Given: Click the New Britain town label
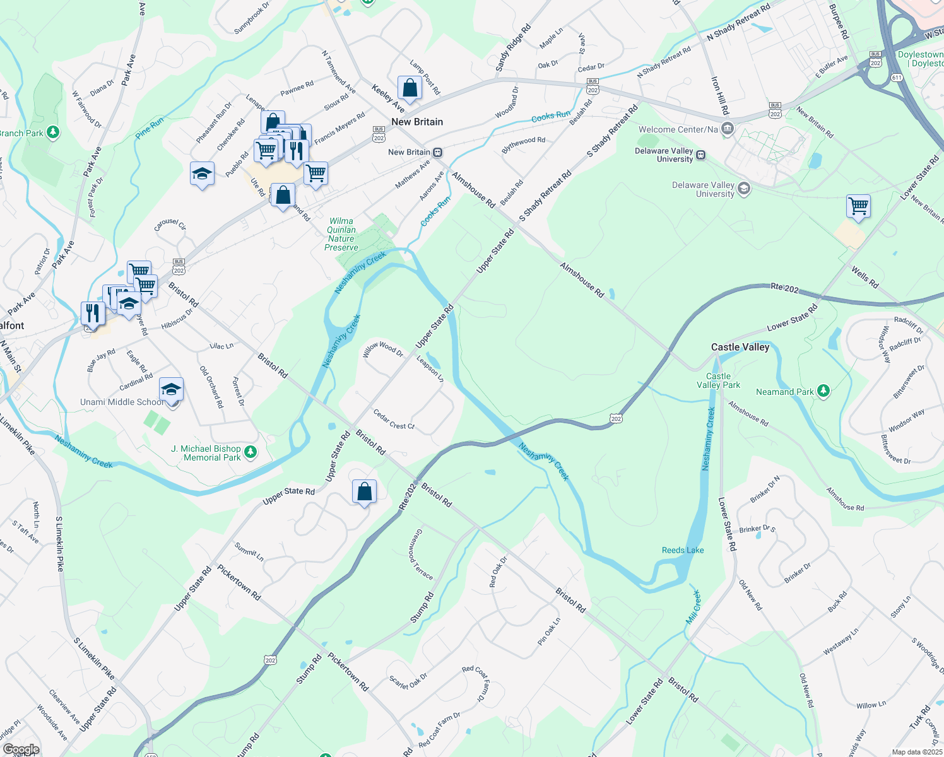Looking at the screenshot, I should click(x=417, y=122).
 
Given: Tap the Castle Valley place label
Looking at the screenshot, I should click(x=740, y=347).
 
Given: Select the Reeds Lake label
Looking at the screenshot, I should click(x=683, y=550).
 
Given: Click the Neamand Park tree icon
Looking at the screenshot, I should click(x=823, y=392).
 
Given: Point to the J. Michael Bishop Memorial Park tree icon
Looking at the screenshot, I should click(x=251, y=452).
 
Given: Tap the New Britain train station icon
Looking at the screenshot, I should click(x=437, y=153).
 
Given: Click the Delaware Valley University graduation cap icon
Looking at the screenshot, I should click(x=744, y=189).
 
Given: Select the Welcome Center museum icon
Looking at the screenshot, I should click(x=727, y=129).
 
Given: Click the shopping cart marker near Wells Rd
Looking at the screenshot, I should click(x=858, y=206).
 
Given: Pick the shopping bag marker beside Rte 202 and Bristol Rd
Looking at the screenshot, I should click(x=364, y=491).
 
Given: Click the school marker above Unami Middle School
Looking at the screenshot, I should click(x=171, y=389).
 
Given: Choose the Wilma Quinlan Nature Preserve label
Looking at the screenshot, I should click(x=341, y=234).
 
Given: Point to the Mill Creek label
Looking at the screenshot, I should click(x=693, y=607).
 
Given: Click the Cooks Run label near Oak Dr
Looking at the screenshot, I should click(x=550, y=116).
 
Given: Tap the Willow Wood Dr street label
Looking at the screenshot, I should click(x=383, y=349).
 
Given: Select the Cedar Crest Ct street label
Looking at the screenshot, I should click(x=394, y=420).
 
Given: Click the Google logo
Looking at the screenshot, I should click(x=21, y=749).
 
